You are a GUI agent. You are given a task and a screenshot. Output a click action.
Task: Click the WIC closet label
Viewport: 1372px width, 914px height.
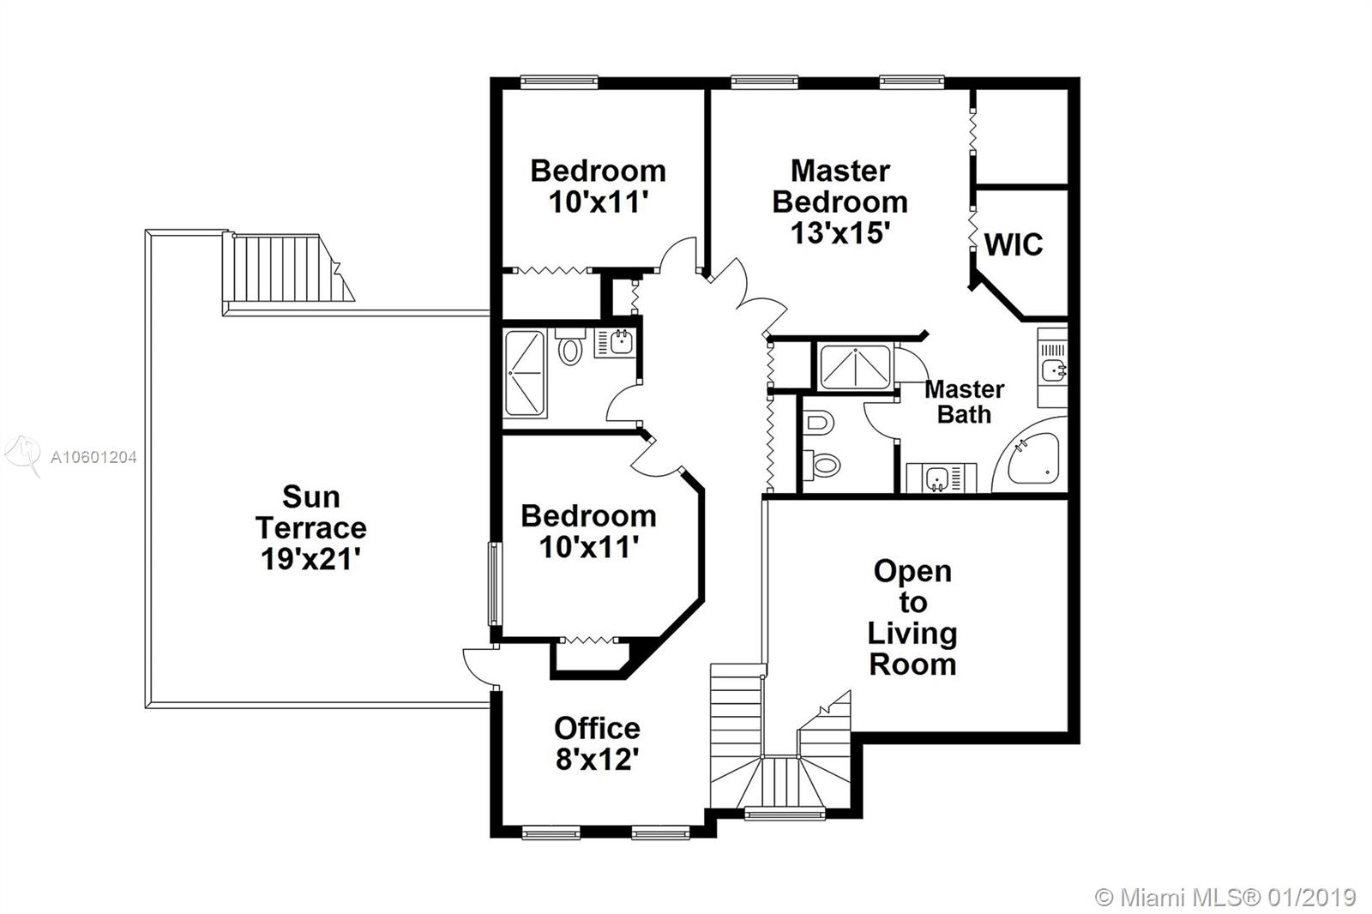tap(1013, 245)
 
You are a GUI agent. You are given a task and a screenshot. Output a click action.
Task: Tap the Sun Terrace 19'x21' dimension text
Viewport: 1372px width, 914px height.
tap(310, 559)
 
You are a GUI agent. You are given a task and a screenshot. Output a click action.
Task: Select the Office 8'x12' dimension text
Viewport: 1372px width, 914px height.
tap(597, 761)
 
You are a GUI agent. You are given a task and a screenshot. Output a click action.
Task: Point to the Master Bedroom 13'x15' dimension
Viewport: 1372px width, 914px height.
tap(839, 233)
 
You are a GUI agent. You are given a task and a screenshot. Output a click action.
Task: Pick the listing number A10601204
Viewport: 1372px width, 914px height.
tap(93, 457)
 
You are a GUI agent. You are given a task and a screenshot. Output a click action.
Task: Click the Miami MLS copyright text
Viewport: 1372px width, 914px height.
tap(1225, 898)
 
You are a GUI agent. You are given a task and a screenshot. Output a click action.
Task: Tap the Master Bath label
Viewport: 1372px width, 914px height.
tap(964, 402)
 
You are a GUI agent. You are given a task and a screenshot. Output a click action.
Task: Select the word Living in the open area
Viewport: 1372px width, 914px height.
tap(912, 634)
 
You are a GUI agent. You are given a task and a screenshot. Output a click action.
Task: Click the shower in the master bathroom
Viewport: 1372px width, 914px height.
tap(855, 367)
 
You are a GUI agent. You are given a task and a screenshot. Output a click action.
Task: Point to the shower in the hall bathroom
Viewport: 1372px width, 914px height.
tap(525, 373)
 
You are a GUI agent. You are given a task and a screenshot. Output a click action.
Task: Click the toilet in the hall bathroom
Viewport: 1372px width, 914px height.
tap(570, 346)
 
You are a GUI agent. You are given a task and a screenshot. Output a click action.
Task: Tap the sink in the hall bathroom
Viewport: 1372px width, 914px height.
tap(616, 343)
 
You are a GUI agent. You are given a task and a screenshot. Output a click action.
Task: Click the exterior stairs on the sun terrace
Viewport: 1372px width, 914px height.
tap(288, 268)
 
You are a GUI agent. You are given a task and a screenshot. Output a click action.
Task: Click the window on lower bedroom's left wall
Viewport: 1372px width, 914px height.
tap(494, 584)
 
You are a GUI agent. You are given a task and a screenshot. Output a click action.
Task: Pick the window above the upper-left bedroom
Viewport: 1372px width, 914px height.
tap(558, 82)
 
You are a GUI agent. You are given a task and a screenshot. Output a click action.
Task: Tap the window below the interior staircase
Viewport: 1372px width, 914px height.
tap(785, 815)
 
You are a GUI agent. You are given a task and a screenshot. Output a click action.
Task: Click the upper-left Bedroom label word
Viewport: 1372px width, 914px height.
tap(598, 171)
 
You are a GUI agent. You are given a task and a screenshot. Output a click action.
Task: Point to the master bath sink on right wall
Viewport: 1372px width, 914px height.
tap(1053, 369)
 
